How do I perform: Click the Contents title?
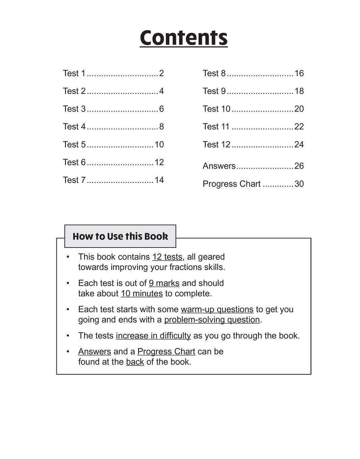[184, 38]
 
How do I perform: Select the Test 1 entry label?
[74, 73]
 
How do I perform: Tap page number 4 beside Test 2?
[161, 91]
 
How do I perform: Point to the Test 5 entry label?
[74, 144]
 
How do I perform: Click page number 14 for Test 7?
[159, 180]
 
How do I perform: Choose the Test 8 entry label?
[214, 73]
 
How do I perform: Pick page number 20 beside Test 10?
[299, 109]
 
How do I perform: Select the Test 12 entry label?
[216, 144]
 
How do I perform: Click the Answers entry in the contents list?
[219, 166]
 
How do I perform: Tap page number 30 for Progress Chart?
[299, 184]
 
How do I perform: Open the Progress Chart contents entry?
[232, 184]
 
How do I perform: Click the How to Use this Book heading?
[120, 236]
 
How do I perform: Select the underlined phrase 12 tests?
[167, 257]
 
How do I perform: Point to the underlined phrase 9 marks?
[164, 283]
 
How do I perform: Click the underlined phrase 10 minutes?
[142, 294]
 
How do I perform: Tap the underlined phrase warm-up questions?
[217, 309]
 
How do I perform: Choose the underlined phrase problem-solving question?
[212, 320]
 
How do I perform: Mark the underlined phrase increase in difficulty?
[153, 336]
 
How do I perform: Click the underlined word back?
[135, 362]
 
